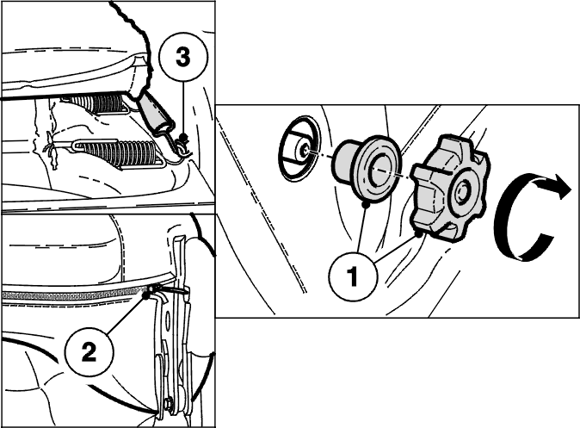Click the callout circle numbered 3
tap(183, 57)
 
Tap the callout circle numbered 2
tap(89, 351)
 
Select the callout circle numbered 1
tap(354, 276)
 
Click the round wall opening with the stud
tap(299, 149)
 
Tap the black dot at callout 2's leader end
tap(145, 295)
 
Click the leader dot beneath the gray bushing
tap(365, 204)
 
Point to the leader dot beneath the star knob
tap(418, 234)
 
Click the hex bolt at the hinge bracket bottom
tap(170, 403)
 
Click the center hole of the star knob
tap(462, 192)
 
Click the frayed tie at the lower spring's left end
tap(51, 150)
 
